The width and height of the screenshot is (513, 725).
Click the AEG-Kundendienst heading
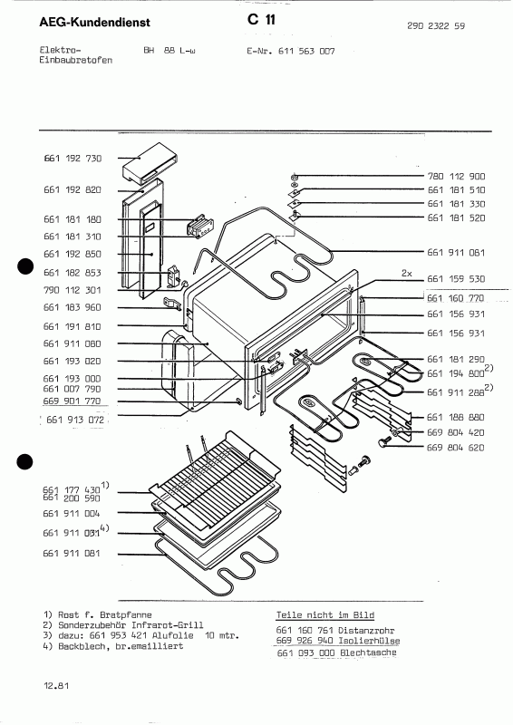(x=81, y=20)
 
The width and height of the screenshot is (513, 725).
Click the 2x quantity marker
(x=407, y=272)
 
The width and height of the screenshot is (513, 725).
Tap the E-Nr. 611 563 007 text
(x=291, y=52)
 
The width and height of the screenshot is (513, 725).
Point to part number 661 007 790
(x=73, y=389)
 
